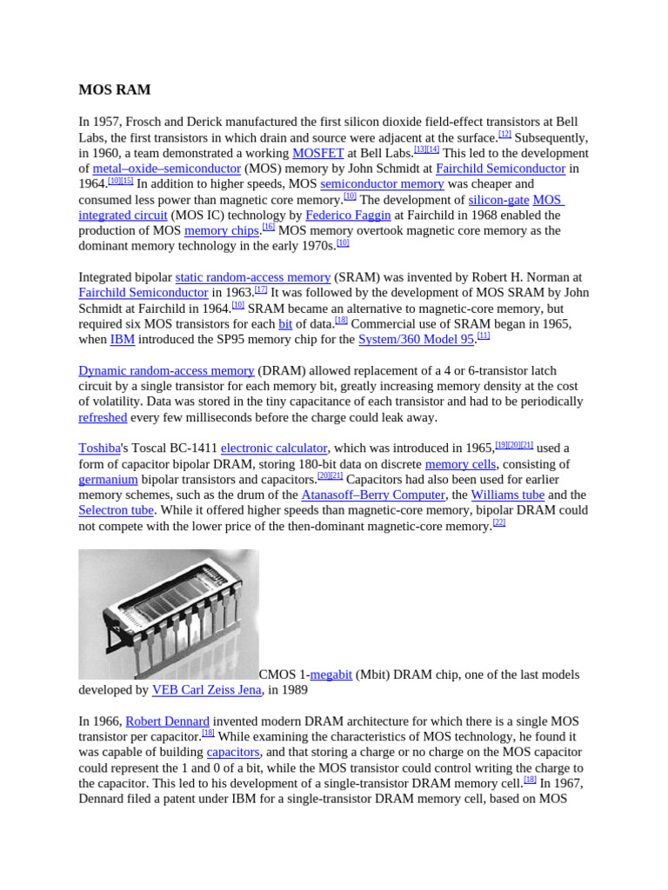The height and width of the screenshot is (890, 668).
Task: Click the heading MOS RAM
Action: click(115, 90)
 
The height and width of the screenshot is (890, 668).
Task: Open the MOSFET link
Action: click(317, 153)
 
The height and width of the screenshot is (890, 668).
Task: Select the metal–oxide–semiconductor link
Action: click(166, 169)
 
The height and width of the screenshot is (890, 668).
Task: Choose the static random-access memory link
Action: click(253, 277)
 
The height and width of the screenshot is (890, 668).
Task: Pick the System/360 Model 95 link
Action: click(416, 340)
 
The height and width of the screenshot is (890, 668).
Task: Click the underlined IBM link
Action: click(123, 340)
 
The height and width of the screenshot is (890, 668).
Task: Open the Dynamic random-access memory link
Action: click(166, 371)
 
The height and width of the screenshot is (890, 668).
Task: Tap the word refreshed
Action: click(103, 418)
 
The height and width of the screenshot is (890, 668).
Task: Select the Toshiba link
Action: click(99, 448)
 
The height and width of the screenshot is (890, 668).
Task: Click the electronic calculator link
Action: click(274, 448)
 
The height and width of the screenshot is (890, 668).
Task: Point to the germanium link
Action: click(108, 480)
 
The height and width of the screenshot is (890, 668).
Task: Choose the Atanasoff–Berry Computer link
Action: click(373, 495)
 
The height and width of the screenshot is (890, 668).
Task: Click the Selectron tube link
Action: click(116, 511)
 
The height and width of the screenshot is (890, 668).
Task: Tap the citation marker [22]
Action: click(499, 523)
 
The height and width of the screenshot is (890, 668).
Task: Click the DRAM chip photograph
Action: click(169, 614)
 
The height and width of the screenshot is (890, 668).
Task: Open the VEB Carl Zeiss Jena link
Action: click(206, 691)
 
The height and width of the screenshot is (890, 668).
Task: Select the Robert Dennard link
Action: click(167, 722)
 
